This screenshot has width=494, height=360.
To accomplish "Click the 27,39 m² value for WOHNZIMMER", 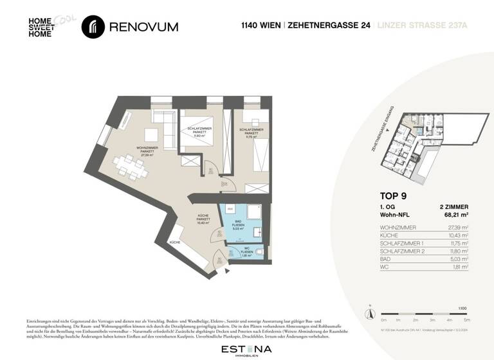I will [x=457, y=228].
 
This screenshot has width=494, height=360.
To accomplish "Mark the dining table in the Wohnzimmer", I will [x=131, y=166].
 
